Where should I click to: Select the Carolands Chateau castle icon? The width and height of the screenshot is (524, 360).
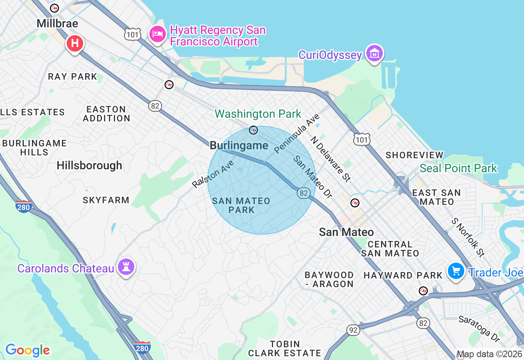126,268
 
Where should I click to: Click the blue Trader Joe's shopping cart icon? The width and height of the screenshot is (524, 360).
455,271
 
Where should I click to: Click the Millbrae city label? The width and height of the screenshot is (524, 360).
57,23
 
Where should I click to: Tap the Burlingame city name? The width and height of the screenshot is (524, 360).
239,146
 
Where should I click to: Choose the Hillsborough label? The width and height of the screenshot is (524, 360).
90,165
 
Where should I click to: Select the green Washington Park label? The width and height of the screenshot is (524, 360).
258,114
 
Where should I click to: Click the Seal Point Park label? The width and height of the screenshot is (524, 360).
458,168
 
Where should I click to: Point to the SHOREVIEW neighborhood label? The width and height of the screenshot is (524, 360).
415,155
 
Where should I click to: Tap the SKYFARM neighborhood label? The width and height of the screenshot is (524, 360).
106,200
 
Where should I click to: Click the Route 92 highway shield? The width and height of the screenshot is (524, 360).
353,329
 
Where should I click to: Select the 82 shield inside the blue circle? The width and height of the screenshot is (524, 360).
303,193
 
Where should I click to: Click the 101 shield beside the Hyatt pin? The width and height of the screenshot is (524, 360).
133,34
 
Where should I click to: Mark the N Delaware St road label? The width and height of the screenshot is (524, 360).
331,158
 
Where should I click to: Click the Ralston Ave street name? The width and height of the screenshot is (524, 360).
213,174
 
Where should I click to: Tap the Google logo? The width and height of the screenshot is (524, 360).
27,350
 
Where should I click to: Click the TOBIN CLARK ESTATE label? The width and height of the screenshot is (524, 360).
285,349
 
